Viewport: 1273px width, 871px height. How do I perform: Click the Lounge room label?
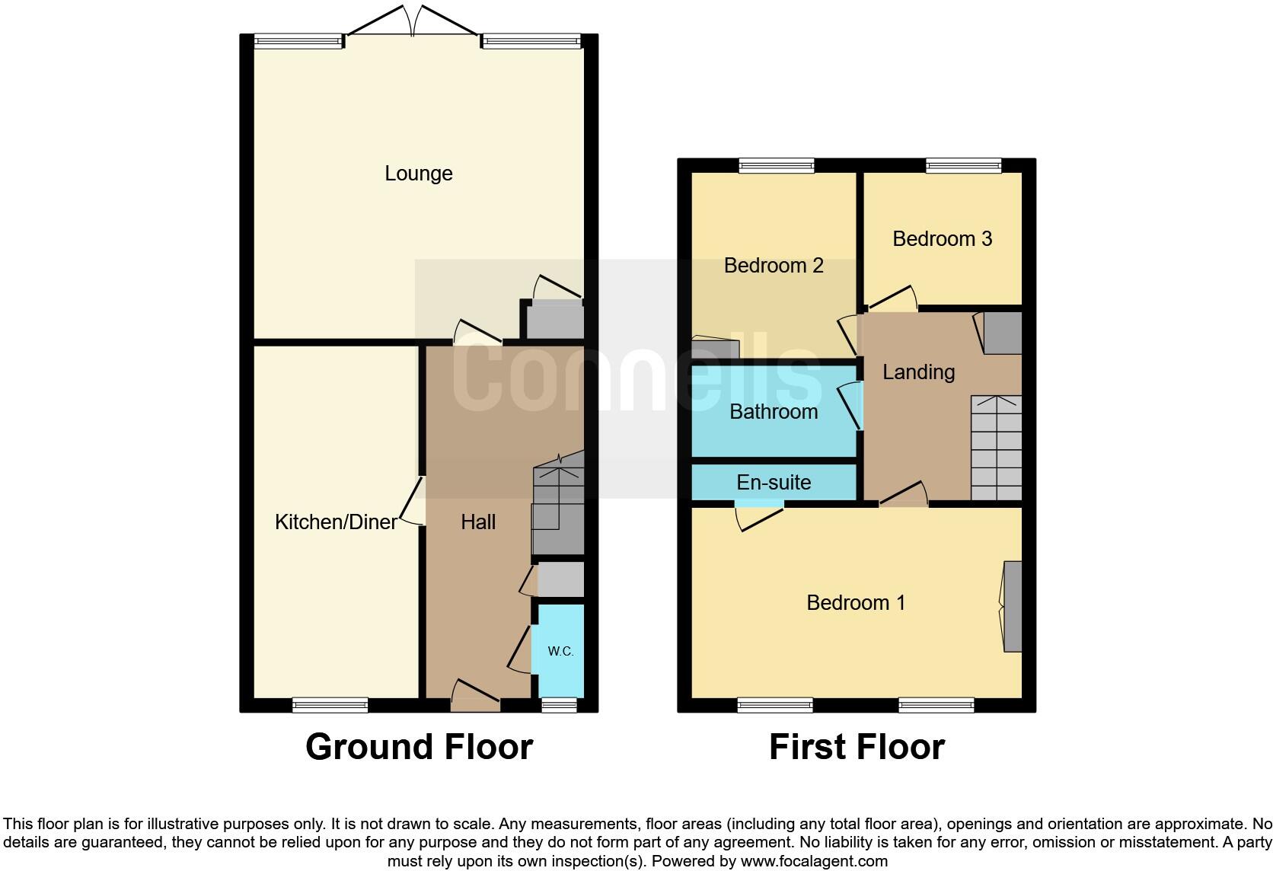coord(418,174)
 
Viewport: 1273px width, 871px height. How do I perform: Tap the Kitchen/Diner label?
coord(336,522)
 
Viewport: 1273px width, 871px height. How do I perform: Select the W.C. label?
coord(560,652)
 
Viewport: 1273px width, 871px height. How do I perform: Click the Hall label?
coord(478,522)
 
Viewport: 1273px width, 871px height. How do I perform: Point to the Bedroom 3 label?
coord(942,239)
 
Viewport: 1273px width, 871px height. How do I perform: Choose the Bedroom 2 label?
coord(774,266)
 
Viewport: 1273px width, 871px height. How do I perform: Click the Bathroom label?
coord(774,412)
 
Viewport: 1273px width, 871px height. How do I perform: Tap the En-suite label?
coord(774,483)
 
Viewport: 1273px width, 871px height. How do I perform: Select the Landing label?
coord(918,372)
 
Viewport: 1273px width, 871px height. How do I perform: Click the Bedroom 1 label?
coord(856,603)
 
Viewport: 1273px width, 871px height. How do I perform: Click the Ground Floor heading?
coord(419,747)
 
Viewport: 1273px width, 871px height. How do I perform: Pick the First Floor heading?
coord(857,747)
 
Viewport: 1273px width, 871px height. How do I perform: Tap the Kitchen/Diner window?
coord(330,706)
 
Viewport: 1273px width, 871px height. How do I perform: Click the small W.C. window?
coord(559,706)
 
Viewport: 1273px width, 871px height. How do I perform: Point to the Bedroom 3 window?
coord(963,165)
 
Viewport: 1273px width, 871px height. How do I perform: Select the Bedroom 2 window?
coord(777,165)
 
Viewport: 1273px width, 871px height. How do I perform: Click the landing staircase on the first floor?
coord(996,448)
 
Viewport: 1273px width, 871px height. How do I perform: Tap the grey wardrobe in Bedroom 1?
coord(1012,606)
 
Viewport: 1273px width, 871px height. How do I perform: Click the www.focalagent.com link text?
coord(814,862)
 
